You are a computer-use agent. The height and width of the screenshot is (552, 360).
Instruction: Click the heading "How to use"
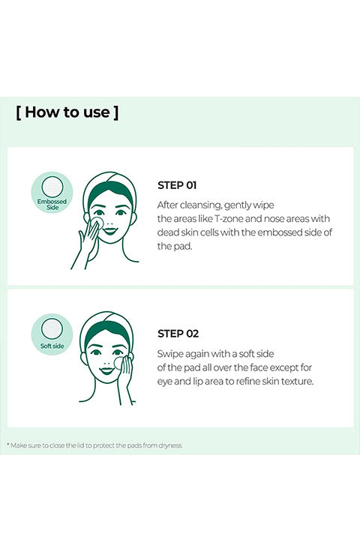coord(67,112)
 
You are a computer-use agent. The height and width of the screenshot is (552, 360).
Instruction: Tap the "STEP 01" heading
coord(177,185)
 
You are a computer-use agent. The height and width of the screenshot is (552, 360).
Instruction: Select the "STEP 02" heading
coord(178,334)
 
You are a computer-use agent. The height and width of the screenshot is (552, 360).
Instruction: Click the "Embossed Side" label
coord(52,204)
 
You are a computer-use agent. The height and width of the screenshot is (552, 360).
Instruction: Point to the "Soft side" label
coord(52,346)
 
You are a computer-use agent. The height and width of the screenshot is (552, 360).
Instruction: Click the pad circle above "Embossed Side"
coord(52,187)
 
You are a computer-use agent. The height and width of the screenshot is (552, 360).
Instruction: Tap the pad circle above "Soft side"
coord(52,329)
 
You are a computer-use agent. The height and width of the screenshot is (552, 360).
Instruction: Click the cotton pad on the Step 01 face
coord(97,223)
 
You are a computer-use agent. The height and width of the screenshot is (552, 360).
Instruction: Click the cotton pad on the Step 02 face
coord(120,363)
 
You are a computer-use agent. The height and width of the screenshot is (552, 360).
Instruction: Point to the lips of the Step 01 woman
coord(109,231)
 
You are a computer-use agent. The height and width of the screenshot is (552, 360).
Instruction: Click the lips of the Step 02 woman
coord(106,370)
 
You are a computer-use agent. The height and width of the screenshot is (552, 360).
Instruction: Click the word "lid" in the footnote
coord(80,445)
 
